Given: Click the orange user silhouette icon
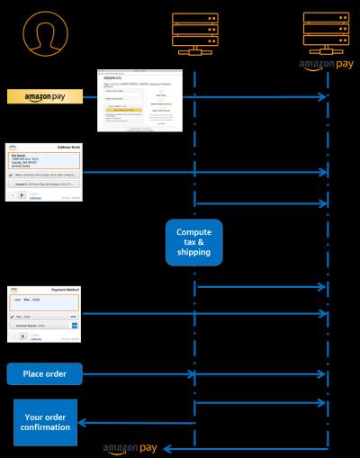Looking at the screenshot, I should pos(45,33).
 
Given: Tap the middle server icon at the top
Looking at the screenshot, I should pos(195,32).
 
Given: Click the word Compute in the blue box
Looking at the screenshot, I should pos(193,232).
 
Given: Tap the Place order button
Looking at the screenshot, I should pos(44,373).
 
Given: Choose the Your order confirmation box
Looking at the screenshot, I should pos(45,422).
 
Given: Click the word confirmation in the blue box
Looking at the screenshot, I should pos(46,427).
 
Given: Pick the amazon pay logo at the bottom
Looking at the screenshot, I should pos(131,447).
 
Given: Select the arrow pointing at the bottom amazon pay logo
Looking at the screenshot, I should pos(243,447).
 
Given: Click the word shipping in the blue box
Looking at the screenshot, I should pos(193,253).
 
